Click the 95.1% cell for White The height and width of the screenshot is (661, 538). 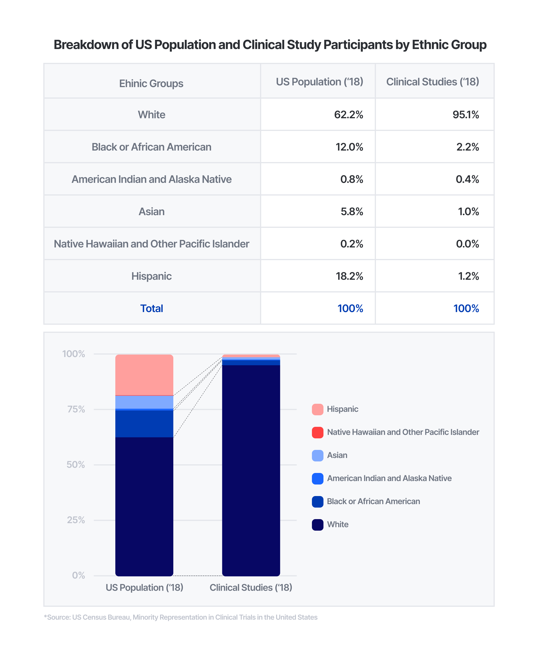coord(465,115)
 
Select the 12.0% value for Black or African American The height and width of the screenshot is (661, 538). coord(349,147)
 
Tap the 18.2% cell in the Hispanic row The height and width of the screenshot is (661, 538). coord(349,276)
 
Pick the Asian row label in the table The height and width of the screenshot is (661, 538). coord(152,212)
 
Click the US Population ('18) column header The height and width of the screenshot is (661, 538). coord(319,82)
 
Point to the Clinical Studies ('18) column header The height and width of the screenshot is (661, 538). coord(432,82)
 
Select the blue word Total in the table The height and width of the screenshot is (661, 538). coord(152,309)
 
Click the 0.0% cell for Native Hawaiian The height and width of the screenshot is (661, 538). coord(467,244)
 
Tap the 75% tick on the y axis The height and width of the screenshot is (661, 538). coord(76,409)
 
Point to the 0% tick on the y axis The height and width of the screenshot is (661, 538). coord(78,575)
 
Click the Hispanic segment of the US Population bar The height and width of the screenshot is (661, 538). coord(144,375)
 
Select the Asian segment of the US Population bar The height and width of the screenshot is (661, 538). coord(144,402)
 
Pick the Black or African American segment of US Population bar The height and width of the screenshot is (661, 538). coord(144,424)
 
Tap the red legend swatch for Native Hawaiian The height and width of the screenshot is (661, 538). coord(318,433)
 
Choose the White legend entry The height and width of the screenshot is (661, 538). coord(338,525)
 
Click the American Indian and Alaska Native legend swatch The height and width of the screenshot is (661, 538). coord(318,479)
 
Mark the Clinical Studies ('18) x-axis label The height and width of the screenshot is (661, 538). coord(251,587)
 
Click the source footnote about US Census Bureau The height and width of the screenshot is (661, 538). coord(181,617)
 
